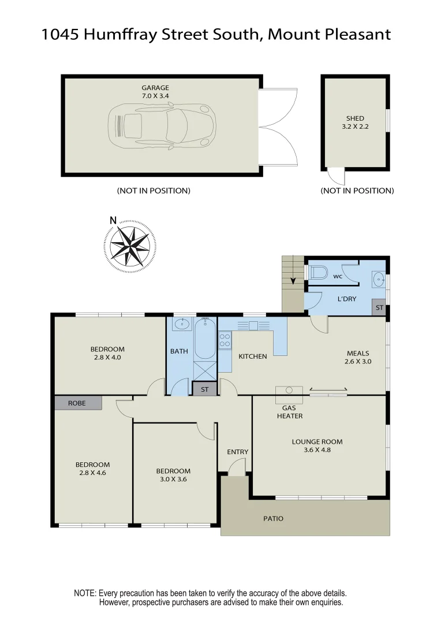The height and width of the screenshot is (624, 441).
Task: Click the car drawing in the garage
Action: click(x=162, y=126)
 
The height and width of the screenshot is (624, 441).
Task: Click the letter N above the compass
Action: click(x=113, y=220)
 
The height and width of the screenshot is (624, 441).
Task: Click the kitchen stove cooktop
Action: click(x=225, y=341)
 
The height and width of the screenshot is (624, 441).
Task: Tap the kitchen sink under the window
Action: click(x=253, y=326)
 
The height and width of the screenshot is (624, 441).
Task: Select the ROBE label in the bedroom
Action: click(x=77, y=403)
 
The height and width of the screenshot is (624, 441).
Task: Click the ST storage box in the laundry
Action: click(x=379, y=308)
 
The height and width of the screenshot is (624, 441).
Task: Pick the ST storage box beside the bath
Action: click(x=204, y=389)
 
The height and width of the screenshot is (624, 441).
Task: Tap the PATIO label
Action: click(x=274, y=518)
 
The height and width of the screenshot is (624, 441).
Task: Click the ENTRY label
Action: click(x=237, y=452)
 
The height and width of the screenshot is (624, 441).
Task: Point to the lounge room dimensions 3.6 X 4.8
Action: click(x=313, y=450)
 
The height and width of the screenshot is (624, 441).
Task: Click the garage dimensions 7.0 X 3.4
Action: click(x=155, y=96)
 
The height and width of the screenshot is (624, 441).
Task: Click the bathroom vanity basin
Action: click(x=182, y=324)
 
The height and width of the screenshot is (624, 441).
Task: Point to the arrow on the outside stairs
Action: click(x=293, y=281)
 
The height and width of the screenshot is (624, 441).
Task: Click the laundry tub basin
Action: click(x=379, y=279)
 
